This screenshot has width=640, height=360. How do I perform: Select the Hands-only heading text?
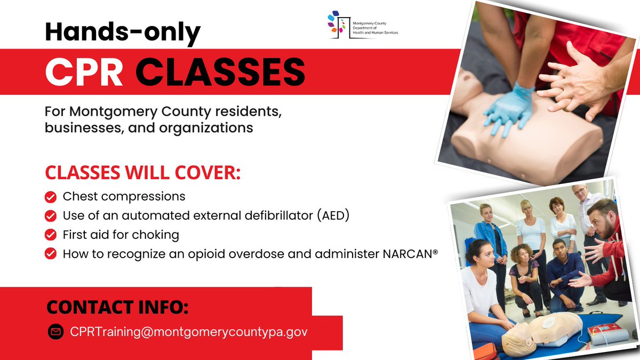tap(122, 33)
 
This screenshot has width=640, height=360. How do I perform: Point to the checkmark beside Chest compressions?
tap(51, 197)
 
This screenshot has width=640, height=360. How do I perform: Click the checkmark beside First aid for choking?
tap(51, 235)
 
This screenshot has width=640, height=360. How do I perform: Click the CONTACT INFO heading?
tap(117, 308)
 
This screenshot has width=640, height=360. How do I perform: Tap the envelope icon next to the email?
tap(55, 332)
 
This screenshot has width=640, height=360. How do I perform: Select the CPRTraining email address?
tap(189, 332)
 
